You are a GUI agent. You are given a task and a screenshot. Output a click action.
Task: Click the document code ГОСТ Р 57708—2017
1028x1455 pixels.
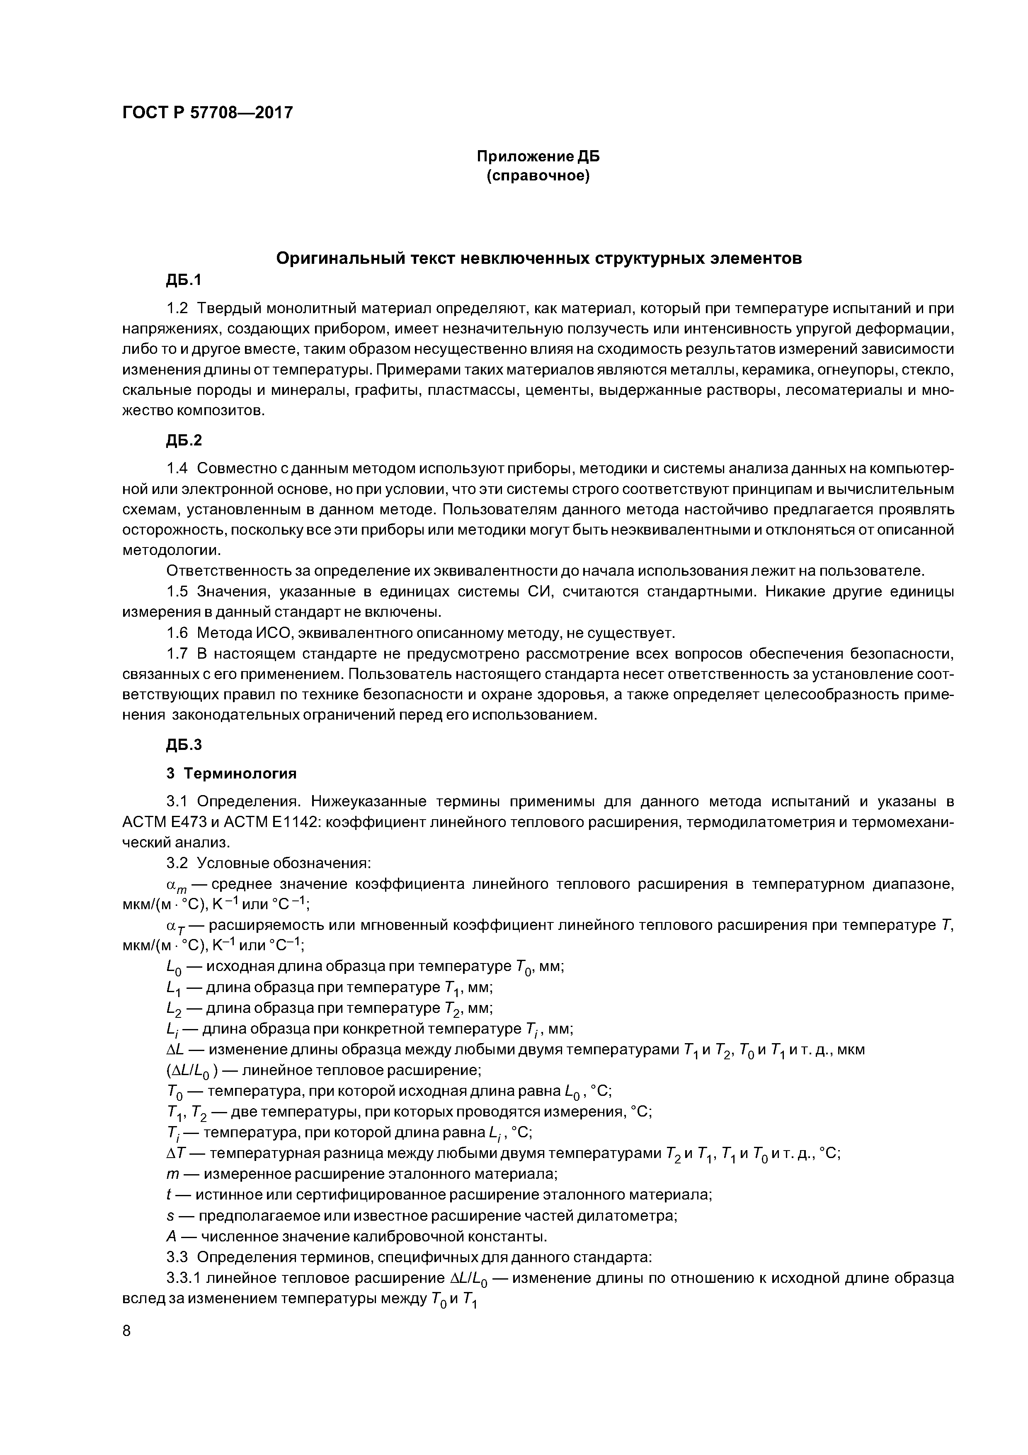tap(207, 113)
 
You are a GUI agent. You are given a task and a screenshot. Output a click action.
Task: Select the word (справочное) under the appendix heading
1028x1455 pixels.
tap(537, 175)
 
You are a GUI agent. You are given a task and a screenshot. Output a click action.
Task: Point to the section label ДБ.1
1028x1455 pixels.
tap(184, 280)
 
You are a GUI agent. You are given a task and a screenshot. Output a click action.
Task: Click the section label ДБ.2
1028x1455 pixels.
tap(184, 440)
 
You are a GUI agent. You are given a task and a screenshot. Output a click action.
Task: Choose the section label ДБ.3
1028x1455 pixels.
tap(184, 745)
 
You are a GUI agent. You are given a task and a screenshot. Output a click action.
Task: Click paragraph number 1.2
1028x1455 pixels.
tap(177, 309)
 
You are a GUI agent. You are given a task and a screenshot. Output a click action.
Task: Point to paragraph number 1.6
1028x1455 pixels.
tap(177, 633)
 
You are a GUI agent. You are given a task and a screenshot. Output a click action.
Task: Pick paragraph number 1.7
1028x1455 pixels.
tap(177, 653)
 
